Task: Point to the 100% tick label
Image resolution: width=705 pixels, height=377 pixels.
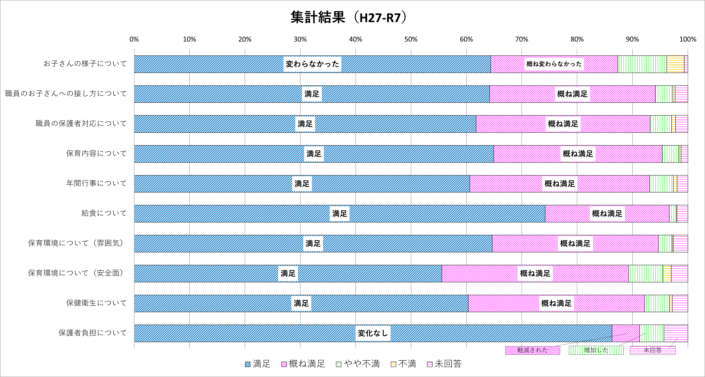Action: (x=688, y=39)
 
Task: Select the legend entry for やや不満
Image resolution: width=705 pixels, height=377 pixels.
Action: (x=358, y=364)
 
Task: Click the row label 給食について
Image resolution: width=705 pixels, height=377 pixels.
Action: (x=104, y=213)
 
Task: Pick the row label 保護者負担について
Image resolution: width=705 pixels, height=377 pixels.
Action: (x=92, y=333)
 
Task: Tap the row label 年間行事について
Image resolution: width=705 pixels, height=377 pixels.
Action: (x=96, y=183)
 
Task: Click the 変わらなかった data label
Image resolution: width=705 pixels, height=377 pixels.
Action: (x=312, y=64)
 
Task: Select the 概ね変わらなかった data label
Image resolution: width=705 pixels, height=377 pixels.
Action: (x=554, y=64)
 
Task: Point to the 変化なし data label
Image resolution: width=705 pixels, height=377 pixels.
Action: (x=373, y=333)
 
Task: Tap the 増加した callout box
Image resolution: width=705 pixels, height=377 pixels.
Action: (x=596, y=350)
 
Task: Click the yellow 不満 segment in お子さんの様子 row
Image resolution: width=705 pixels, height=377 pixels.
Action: (x=675, y=64)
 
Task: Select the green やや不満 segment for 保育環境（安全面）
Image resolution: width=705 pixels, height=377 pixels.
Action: (x=646, y=273)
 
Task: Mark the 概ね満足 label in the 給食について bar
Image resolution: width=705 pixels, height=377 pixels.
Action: (x=607, y=214)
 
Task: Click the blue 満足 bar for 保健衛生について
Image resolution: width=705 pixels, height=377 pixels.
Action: (x=219, y=303)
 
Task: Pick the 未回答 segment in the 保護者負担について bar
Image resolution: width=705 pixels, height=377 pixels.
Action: (x=675, y=333)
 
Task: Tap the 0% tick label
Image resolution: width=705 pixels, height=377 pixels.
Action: (x=134, y=39)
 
